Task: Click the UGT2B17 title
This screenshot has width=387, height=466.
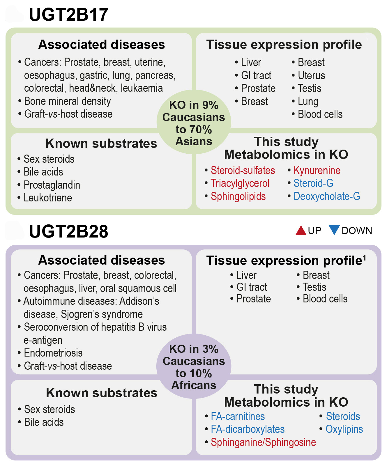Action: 68,15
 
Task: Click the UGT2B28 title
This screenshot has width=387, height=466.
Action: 68,232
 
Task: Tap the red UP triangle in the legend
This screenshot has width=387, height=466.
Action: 301,231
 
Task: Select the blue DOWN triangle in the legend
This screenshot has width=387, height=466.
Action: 334,230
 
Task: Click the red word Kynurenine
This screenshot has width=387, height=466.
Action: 317,170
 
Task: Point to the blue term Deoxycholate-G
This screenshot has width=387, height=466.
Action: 327,196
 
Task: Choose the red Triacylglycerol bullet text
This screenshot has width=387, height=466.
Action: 240,183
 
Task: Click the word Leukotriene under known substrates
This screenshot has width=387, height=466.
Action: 48,198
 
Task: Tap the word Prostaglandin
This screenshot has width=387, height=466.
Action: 52,185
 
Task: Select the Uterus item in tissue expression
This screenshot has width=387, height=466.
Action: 311,75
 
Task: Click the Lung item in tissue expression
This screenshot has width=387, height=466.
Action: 308,102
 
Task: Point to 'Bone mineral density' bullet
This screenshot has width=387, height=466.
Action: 67,101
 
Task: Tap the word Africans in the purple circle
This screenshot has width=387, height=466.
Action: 194,385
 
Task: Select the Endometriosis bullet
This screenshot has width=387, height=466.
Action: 53,353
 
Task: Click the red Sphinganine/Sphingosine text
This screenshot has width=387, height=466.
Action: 263,442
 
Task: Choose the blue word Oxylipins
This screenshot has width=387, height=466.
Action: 344,429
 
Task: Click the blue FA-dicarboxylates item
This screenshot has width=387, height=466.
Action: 248,429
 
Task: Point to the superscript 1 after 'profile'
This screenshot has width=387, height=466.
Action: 364,258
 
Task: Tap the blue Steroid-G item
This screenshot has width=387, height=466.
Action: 313,183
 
